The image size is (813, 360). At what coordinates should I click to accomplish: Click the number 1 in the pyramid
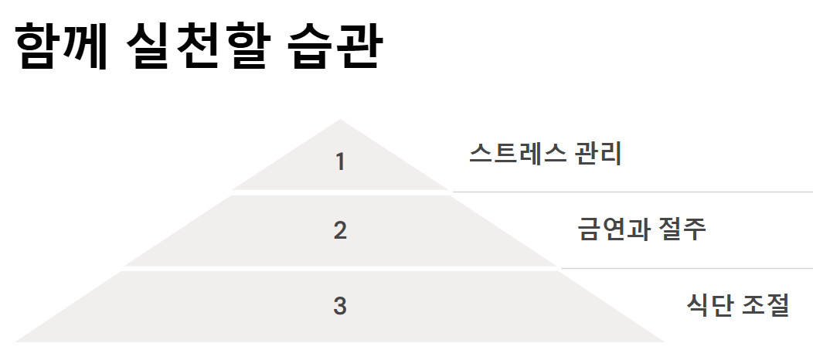[x=340, y=162]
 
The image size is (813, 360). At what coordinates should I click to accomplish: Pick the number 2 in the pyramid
[x=340, y=230]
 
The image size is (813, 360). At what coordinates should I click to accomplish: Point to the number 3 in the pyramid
[x=340, y=306]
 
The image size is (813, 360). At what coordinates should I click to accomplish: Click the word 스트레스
[x=517, y=153]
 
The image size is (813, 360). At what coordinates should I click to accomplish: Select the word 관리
[x=600, y=153]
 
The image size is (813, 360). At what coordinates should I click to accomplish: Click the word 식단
[x=709, y=305]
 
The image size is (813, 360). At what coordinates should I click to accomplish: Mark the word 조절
[x=765, y=305]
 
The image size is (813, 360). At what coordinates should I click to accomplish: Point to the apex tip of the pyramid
[x=339, y=121]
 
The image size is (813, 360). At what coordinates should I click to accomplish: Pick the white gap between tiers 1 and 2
[x=340, y=192]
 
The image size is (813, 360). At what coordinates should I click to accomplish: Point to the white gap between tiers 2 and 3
[x=340, y=268]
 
